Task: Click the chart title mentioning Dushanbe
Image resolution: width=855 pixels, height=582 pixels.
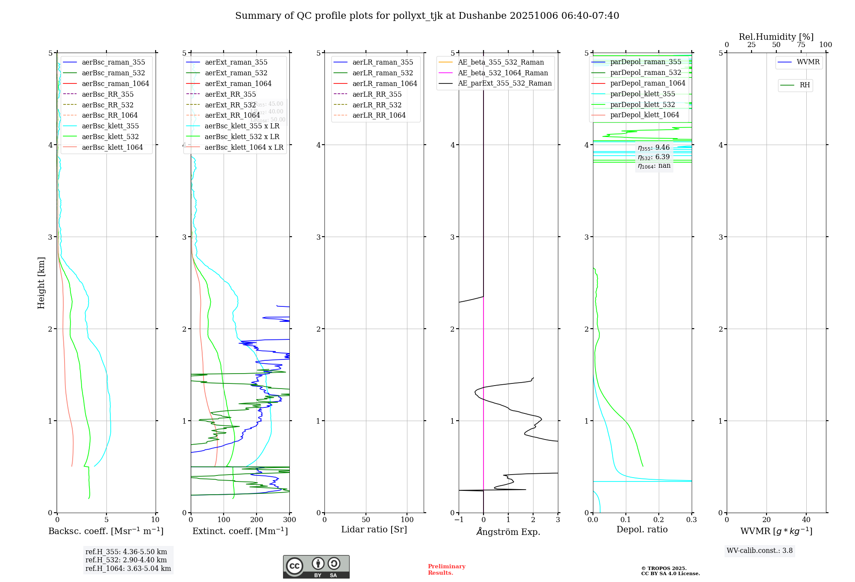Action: (427, 16)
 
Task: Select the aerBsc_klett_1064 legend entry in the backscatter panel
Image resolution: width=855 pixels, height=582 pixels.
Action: (112, 147)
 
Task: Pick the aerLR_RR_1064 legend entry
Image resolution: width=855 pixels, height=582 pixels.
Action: (379, 115)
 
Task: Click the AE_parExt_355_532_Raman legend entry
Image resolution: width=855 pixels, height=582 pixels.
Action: (504, 83)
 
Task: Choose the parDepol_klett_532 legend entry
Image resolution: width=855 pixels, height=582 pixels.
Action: (642, 104)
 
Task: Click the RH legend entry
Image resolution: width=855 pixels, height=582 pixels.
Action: (805, 85)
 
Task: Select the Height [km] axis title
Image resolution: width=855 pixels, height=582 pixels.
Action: (41, 283)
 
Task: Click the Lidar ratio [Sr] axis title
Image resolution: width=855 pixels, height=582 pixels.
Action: (374, 529)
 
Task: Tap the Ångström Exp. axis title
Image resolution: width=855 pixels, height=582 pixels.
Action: (508, 532)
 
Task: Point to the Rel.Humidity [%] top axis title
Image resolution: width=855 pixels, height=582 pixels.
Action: (776, 37)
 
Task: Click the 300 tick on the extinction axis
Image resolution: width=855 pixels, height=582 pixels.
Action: (289, 520)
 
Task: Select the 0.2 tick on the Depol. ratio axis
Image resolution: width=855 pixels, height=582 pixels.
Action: (659, 520)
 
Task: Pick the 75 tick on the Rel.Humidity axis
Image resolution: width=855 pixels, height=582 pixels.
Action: (801, 45)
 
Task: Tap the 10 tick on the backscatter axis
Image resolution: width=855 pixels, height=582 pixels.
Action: (155, 520)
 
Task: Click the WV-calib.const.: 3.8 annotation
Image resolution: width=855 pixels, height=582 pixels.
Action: (760, 551)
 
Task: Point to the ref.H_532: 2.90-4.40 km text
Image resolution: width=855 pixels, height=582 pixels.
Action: (126, 560)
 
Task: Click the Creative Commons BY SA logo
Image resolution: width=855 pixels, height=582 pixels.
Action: (316, 567)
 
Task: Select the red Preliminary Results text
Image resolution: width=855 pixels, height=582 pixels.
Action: (446, 570)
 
